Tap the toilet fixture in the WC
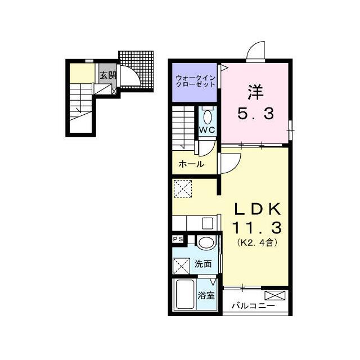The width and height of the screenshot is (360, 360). [x=207, y=117]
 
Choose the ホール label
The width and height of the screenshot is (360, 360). [x=191, y=164]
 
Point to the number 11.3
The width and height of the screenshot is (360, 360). [x=256, y=228]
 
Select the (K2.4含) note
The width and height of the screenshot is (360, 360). [x=256, y=244]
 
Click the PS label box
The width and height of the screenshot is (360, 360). [x=178, y=239]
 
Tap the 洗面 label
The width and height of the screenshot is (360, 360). [x=204, y=264]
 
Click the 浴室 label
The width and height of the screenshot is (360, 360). [x=206, y=295]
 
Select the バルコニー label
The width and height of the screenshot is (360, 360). [x=254, y=306]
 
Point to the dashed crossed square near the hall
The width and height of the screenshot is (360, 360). [x=183, y=188]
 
